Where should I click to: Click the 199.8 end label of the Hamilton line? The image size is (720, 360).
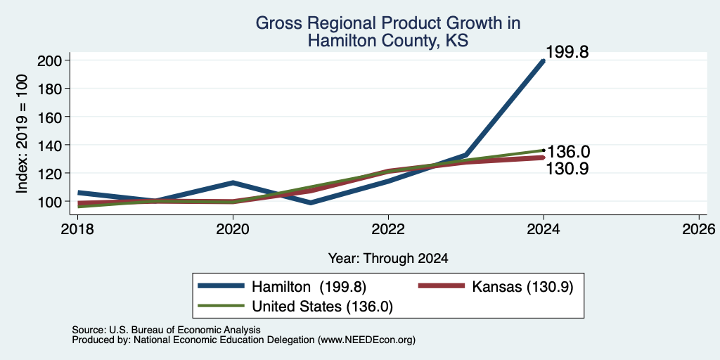(567, 52)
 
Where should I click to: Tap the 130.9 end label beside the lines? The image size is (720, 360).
(567, 169)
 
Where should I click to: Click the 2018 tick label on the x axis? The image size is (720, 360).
(77, 229)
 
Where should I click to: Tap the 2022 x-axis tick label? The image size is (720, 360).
(388, 229)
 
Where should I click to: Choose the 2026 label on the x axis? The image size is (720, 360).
(699, 229)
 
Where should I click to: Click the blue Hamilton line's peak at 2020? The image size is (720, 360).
(233, 183)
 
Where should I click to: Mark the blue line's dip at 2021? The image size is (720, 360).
(311, 202)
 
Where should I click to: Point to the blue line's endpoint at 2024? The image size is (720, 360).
(544, 60)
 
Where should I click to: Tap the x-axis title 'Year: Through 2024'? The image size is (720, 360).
(388, 258)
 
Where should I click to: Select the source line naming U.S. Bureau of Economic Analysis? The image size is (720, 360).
(166, 330)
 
